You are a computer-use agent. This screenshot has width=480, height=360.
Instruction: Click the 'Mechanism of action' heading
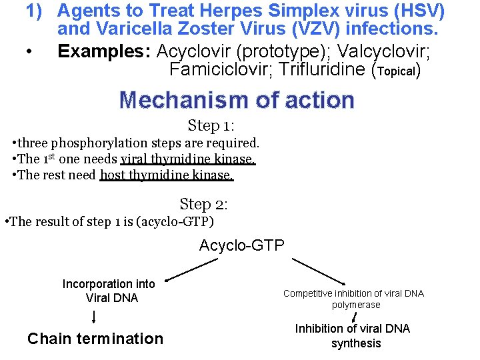[x=237, y=100]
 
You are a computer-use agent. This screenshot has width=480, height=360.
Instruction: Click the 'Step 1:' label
[x=211, y=125]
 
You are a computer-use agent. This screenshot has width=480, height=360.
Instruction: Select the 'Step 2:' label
[x=204, y=204]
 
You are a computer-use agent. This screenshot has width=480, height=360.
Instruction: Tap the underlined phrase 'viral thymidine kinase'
[x=187, y=159]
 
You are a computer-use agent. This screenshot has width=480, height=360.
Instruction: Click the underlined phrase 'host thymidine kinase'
[x=166, y=175]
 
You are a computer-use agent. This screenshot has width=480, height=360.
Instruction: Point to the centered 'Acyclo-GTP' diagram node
[x=241, y=246]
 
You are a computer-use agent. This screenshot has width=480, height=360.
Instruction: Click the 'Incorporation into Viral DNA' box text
[x=109, y=291]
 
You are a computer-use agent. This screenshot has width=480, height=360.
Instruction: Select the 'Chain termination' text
[x=95, y=339]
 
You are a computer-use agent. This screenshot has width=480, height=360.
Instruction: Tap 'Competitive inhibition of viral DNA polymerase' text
[x=353, y=299]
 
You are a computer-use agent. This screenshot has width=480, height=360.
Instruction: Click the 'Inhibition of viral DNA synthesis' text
[x=353, y=336]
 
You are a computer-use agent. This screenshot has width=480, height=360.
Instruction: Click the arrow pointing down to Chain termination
[x=93, y=316]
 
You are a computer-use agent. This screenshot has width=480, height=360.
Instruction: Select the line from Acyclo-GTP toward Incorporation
[x=192, y=270]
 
